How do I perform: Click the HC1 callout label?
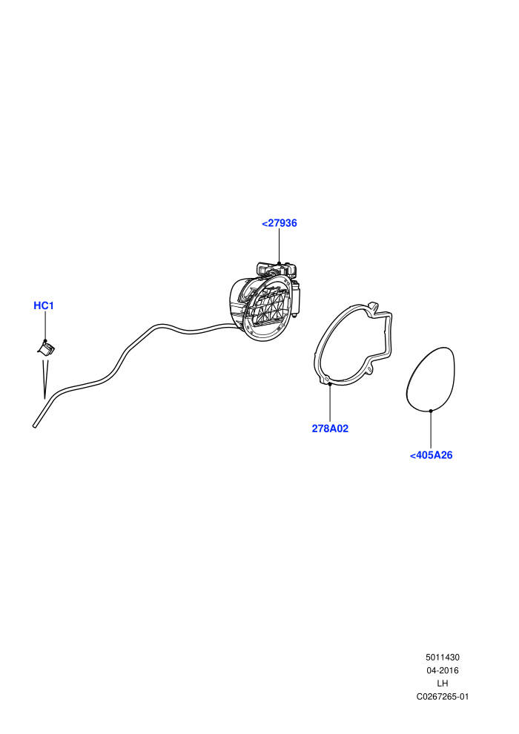point(44,305)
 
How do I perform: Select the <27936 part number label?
point(280,223)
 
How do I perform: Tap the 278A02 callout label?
point(330,429)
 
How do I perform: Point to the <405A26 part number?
point(431,455)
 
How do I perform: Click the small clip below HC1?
point(46,348)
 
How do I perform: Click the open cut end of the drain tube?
point(35,426)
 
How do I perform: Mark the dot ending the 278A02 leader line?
point(330,384)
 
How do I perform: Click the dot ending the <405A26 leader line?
point(431,411)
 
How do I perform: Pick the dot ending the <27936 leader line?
point(280,263)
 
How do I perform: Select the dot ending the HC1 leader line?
point(45,341)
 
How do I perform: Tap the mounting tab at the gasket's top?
point(372,305)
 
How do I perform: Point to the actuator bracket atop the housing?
point(277,270)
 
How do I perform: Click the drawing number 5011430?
point(442,657)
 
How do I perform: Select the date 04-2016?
point(442,670)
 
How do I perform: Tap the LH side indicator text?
point(442,684)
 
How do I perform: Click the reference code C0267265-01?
point(442,696)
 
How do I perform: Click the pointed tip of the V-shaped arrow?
point(44,398)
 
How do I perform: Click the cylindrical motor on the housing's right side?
point(296,299)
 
